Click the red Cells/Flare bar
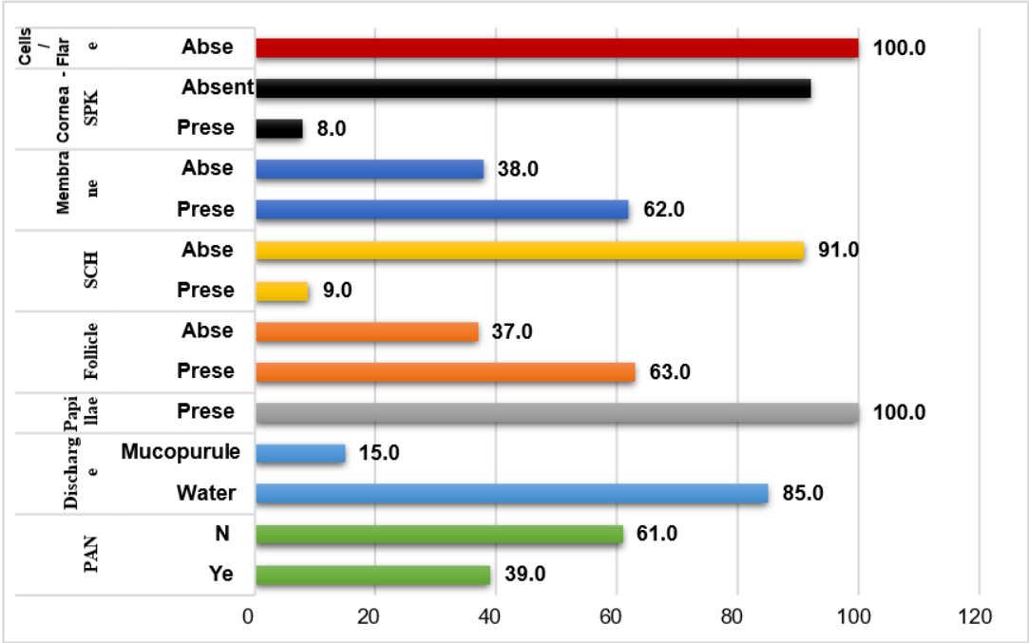(557, 48)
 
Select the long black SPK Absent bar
(533, 88)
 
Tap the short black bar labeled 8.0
(279, 129)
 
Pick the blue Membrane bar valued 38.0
(370, 169)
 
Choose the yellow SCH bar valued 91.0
(530, 251)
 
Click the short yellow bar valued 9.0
(282, 291)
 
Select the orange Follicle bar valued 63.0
(446, 372)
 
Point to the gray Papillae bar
(557, 413)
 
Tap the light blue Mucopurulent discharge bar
(301, 453)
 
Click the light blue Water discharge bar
(512, 494)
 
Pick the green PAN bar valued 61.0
(440, 535)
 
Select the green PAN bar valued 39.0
(373, 576)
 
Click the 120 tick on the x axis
(975, 616)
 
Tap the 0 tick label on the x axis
(249, 616)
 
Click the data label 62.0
(663, 210)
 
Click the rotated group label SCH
(92, 271)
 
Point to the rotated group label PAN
(92, 555)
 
